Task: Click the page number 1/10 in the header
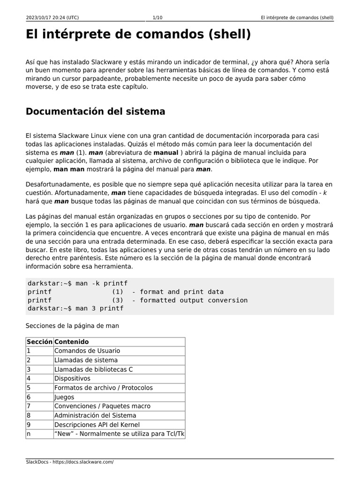click(x=157, y=18)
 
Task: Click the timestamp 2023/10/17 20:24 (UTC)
click(x=52, y=18)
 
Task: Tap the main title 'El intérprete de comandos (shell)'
click(x=138, y=35)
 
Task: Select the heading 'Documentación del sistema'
click(x=95, y=112)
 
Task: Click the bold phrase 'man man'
click(x=69, y=169)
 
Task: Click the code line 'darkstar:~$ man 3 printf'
click(x=75, y=308)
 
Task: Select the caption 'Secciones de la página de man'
click(x=72, y=325)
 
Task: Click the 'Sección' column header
click(x=39, y=342)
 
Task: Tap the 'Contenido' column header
click(x=71, y=342)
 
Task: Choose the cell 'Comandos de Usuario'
click(x=87, y=351)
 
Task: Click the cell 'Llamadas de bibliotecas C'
click(x=93, y=369)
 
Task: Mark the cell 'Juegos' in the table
click(x=64, y=397)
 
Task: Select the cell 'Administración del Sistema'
click(x=95, y=415)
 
